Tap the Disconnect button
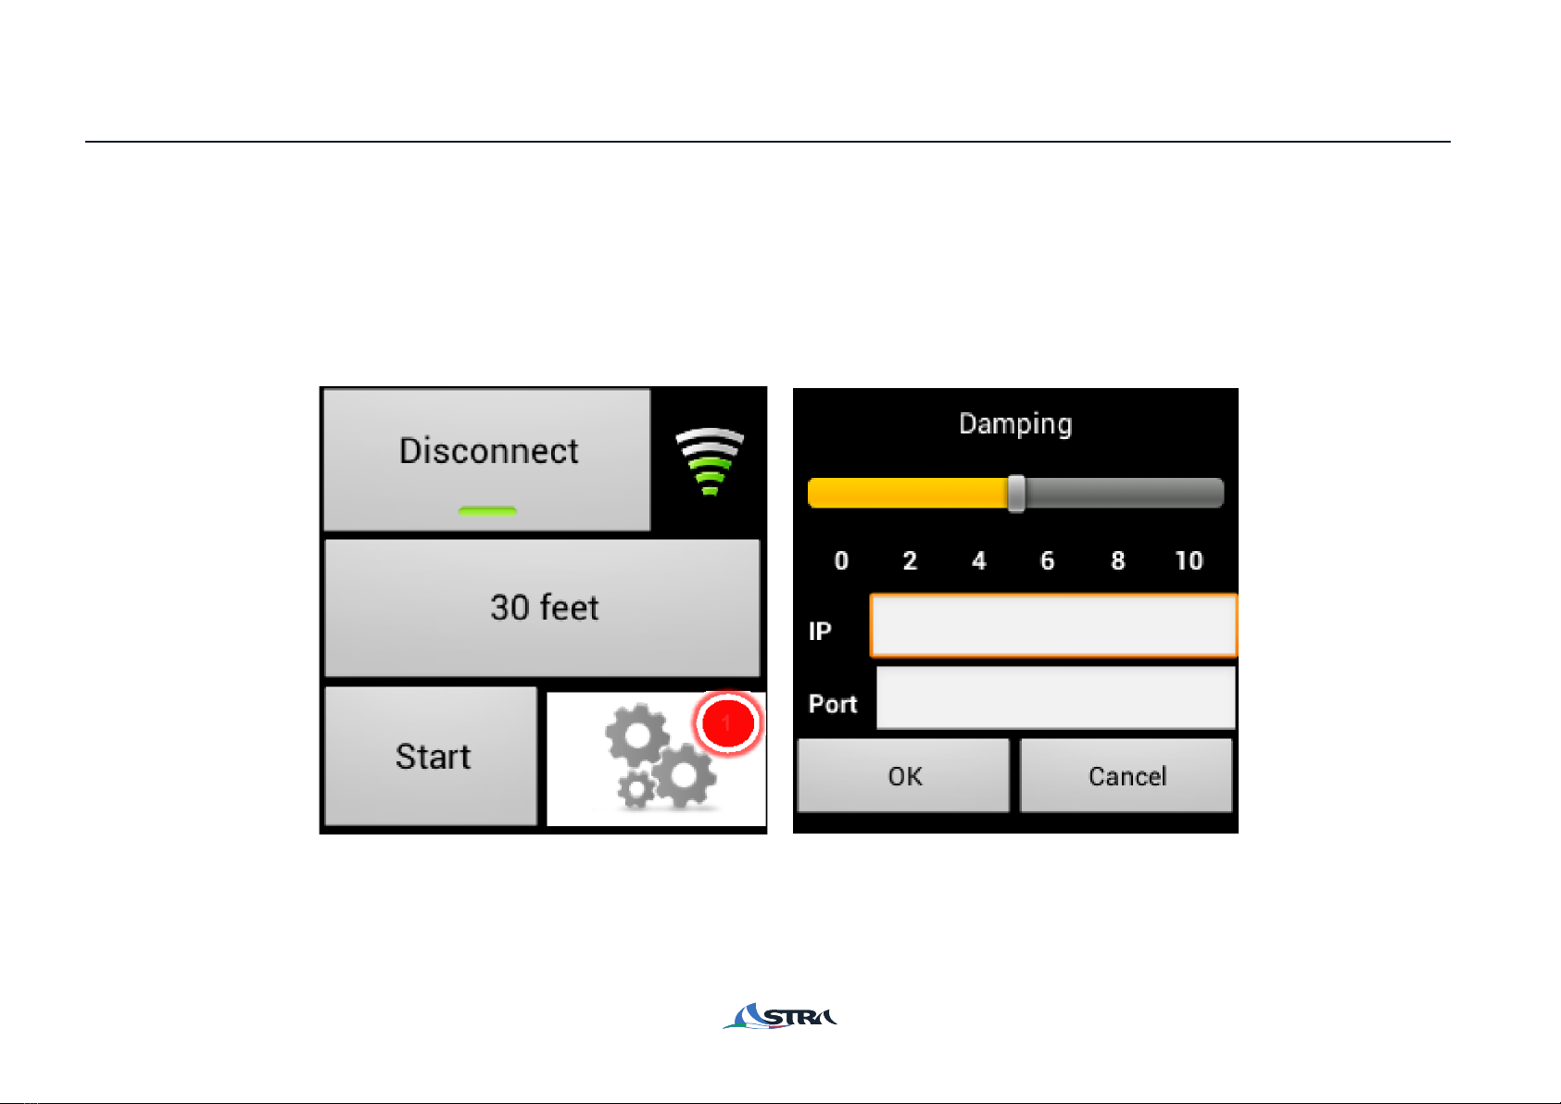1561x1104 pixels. [487, 459]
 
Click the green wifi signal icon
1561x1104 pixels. [710, 462]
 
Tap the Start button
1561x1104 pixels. [432, 756]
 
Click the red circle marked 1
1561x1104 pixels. [727, 723]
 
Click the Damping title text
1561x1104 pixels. [1015, 423]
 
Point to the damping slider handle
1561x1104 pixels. [1017, 493]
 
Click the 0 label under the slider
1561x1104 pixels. [841, 560]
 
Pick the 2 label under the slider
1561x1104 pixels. [910, 560]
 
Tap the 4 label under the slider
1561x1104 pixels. [979, 560]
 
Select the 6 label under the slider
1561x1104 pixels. [1048, 560]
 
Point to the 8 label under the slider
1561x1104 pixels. [1118, 560]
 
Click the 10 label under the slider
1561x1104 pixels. [1189, 560]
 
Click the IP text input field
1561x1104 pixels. [1053, 625]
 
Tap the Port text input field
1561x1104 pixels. [1056, 698]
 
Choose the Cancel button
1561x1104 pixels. [1127, 775]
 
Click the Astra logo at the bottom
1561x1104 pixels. [780, 1016]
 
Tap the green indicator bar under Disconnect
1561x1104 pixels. [487, 511]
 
